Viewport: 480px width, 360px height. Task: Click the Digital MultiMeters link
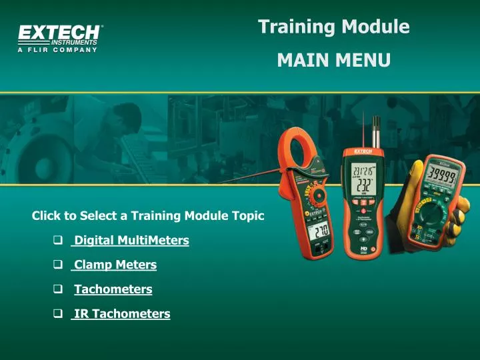131,240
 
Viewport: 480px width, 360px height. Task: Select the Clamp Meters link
115,265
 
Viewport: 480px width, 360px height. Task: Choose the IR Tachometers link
121,313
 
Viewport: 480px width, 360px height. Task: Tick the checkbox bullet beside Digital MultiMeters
58,240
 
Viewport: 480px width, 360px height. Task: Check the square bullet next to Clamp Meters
58,265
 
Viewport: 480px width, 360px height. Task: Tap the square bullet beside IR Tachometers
58,313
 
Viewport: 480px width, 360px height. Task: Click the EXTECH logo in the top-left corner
61,33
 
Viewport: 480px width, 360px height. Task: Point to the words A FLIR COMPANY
58,50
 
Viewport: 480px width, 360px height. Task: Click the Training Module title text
333,27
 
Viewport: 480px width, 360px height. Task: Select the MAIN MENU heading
333,61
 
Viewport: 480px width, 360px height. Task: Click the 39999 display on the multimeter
442,177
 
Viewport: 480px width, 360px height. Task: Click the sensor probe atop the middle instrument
377,133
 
